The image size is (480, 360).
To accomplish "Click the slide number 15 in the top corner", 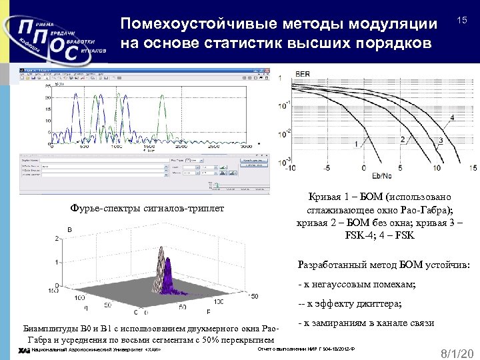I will tap(461, 22).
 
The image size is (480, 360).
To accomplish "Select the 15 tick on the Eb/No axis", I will tap(473, 169).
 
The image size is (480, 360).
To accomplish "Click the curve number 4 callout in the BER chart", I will tap(453, 118).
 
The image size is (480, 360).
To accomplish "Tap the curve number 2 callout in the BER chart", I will tap(402, 139).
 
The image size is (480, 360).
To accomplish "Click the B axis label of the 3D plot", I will tap(69, 230).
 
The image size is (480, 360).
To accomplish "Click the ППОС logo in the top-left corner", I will tap(53, 41).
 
